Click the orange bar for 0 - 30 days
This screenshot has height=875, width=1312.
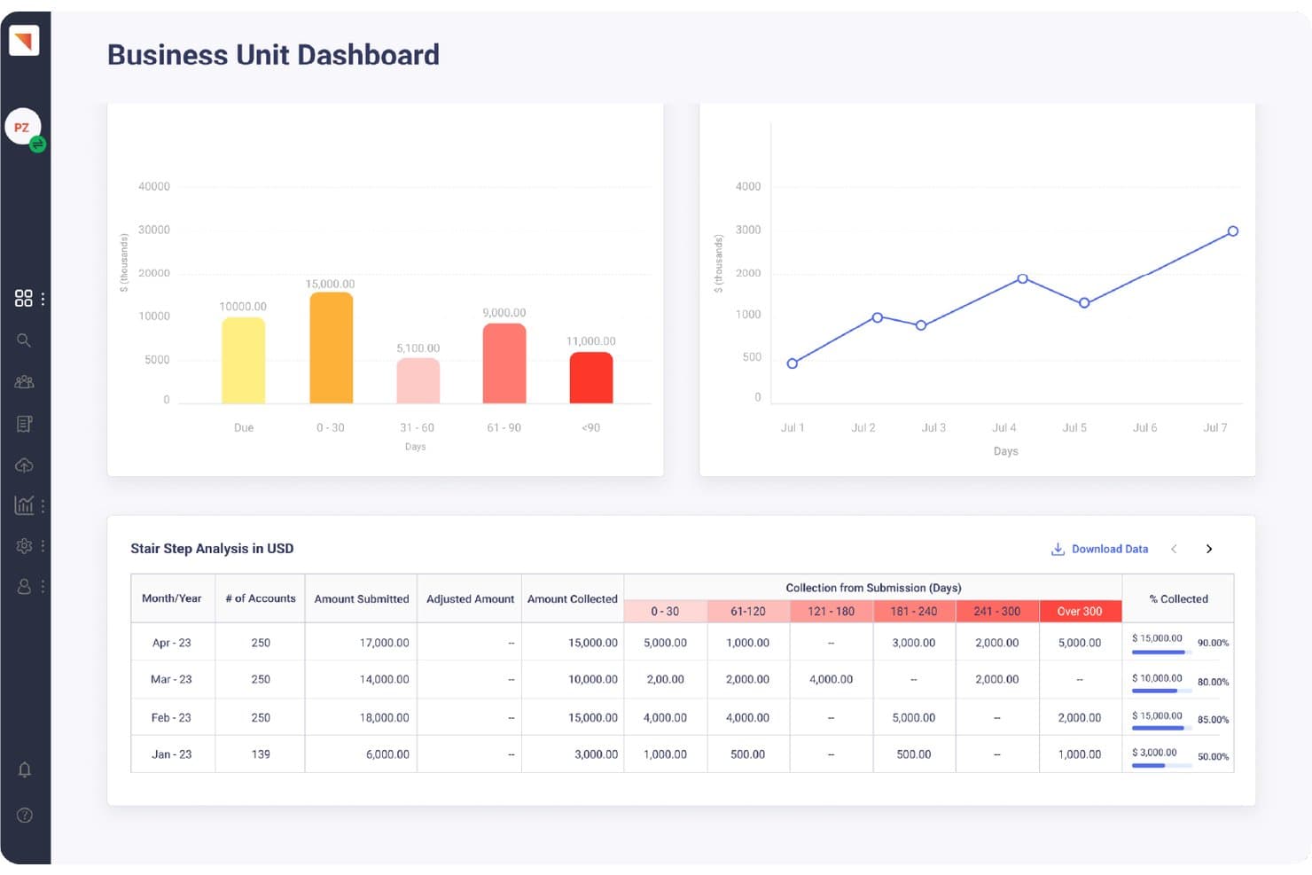pyautogui.click(x=331, y=348)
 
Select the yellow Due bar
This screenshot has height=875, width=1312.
pyautogui.click(x=243, y=360)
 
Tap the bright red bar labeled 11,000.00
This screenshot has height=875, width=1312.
pyautogui.click(x=591, y=378)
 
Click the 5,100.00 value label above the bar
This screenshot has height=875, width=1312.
pyautogui.click(x=418, y=348)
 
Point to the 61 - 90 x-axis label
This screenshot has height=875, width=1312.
pyautogui.click(x=504, y=427)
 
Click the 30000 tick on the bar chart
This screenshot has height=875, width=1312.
pyautogui.click(x=154, y=230)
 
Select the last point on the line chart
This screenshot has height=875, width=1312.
pyautogui.click(x=1233, y=231)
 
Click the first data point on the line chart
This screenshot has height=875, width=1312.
pyautogui.click(x=792, y=363)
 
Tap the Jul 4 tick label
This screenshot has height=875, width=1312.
pyautogui.click(x=1004, y=427)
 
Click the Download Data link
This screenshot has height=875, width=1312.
pyautogui.click(x=1100, y=549)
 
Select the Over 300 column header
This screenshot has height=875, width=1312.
pyautogui.click(x=1080, y=612)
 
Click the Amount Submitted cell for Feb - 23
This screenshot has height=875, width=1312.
pyautogui.click(x=384, y=717)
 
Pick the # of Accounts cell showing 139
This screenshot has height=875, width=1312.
pyautogui.click(x=261, y=754)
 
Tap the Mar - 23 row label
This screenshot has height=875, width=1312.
pyautogui.click(x=171, y=679)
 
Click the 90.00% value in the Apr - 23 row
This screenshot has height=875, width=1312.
pyautogui.click(x=1213, y=643)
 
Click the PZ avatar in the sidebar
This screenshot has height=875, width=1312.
pyautogui.click(x=23, y=127)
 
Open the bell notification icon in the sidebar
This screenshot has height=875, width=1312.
pyautogui.click(x=25, y=770)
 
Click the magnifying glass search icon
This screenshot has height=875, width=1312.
pyautogui.click(x=23, y=340)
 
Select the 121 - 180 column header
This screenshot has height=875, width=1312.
pyautogui.click(x=831, y=612)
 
